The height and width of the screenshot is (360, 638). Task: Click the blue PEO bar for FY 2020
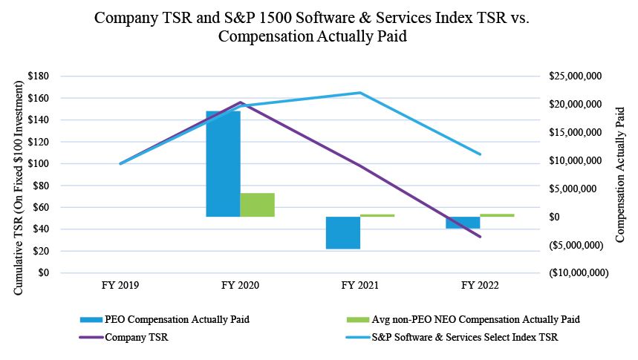[x=223, y=163]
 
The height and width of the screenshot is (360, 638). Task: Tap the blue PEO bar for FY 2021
[x=343, y=232]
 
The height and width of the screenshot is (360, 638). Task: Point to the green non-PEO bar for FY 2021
[x=377, y=215]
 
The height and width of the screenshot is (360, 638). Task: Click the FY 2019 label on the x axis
[x=120, y=285]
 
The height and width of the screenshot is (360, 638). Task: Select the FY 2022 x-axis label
[x=481, y=285]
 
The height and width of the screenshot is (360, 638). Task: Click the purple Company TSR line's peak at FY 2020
[x=241, y=102]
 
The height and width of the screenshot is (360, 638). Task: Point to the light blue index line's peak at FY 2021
[x=360, y=93]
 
